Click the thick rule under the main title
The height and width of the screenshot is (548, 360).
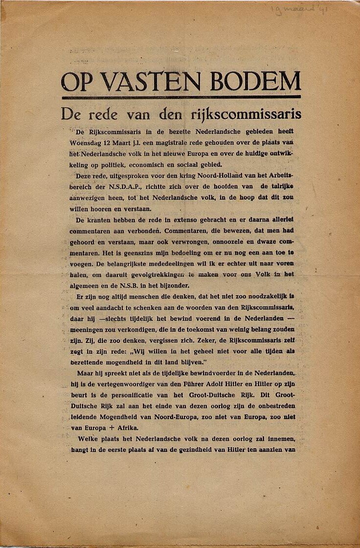[180, 97]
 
